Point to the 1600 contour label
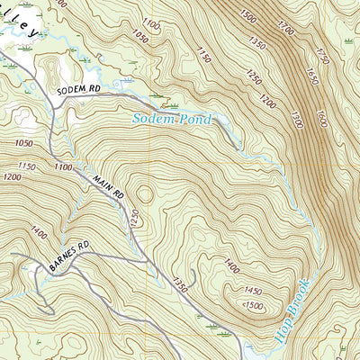pos(321,118)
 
